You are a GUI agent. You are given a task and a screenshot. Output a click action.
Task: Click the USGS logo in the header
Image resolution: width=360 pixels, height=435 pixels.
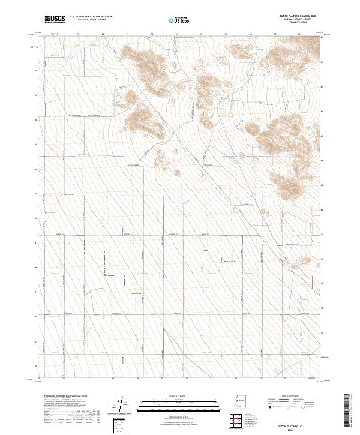[55, 19]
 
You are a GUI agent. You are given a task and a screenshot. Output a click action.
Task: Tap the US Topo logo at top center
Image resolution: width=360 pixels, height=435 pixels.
[179, 20]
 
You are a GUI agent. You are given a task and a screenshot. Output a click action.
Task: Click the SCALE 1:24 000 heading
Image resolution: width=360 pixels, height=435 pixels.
[179, 396]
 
